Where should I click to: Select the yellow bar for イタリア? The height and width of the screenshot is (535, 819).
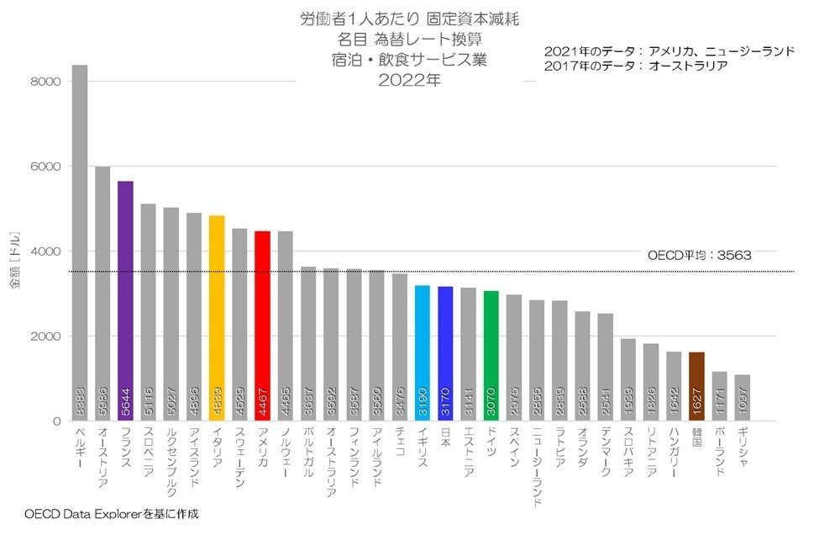click(x=217, y=311)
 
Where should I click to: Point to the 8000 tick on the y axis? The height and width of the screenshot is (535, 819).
click(x=45, y=82)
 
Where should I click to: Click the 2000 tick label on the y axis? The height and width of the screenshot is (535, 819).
click(x=45, y=336)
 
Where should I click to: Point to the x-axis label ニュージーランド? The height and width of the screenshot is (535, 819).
click(x=537, y=467)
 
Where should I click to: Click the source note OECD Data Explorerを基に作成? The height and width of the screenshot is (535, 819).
click(x=112, y=512)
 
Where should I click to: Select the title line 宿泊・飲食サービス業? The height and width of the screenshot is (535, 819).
click(x=409, y=61)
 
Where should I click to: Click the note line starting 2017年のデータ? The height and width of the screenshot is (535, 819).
click(x=635, y=66)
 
